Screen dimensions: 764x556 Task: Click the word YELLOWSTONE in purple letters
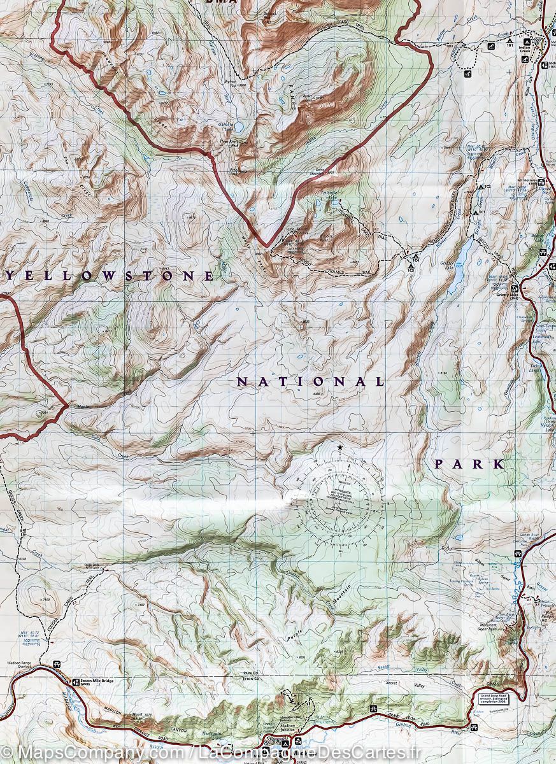[x=110, y=276]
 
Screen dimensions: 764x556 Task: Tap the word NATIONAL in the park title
[x=310, y=382]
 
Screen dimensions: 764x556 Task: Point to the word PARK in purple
[x=469, y=464]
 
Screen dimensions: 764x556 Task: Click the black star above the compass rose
[x=340, y=448]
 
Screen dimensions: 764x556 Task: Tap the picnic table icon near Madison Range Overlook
[x=58, y=665]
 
